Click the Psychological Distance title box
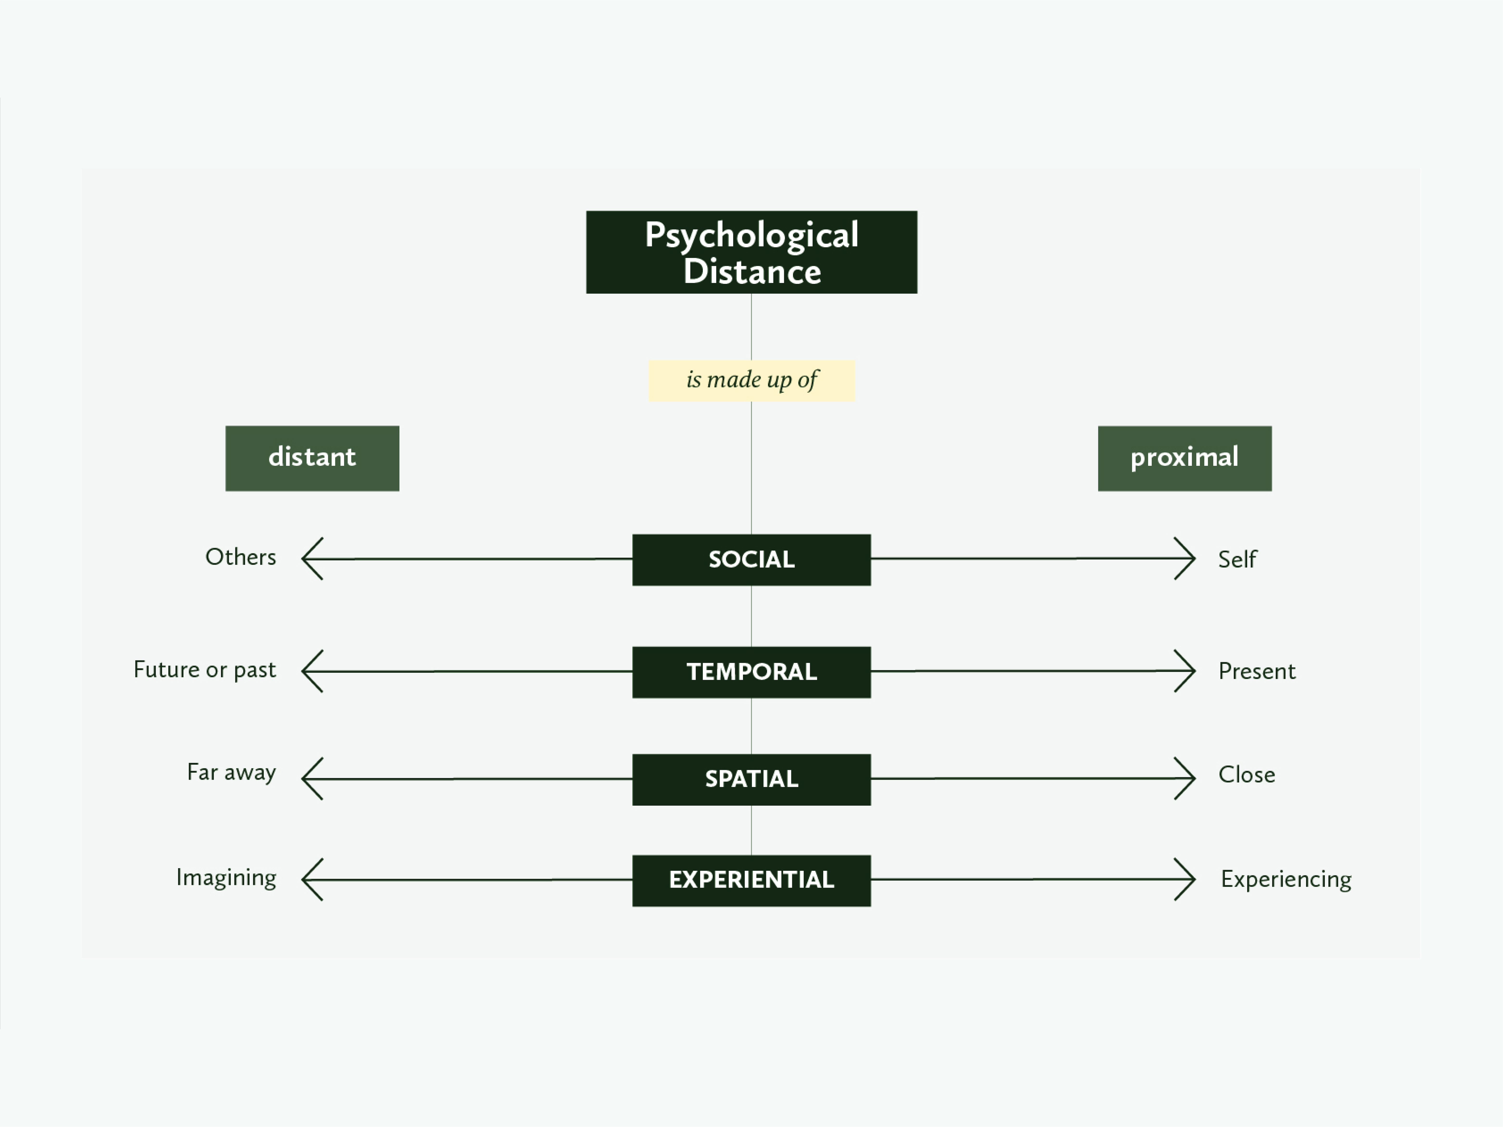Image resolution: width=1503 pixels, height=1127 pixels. pyautogui.click(x=752, y=252)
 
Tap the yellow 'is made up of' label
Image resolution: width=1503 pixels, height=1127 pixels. pyautogui.click(x=752, y=380)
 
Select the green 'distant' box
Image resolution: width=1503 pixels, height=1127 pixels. pyautogui.click(x=312, y=458)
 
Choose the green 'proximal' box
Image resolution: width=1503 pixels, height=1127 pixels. pyautogui.click(x=1184, y=458)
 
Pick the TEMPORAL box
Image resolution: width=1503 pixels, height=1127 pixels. pyautogui.click(x=752, y=672)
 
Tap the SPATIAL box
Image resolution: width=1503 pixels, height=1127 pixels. pyautogui.click(x=752, y=779)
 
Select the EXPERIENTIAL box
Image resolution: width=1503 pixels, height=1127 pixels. pyautogui.click(x=752, y=880)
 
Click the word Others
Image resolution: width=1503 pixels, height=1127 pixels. pyautogui.click(x=240, y=557)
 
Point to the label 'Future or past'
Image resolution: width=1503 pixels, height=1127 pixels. pyautogui.click(x=205, y=670)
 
